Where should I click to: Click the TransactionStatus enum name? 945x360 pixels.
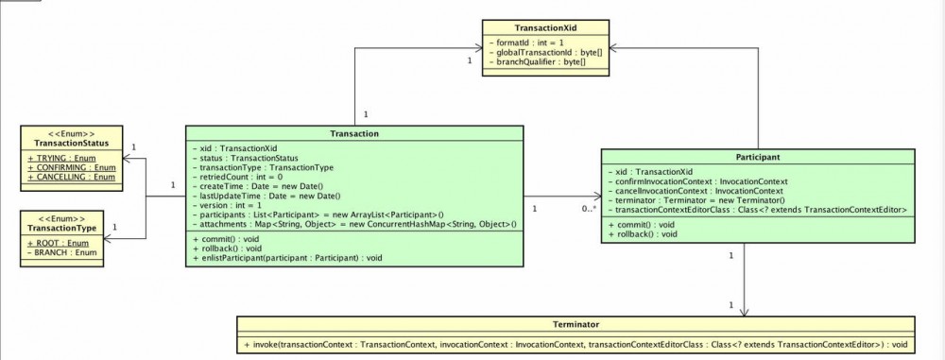pyautogui.click(x=72, y=143)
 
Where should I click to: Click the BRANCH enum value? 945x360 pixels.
pyautogui.click(x=59, y=253)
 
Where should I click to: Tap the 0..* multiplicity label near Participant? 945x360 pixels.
pyautogui.click(x=589, y=208)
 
